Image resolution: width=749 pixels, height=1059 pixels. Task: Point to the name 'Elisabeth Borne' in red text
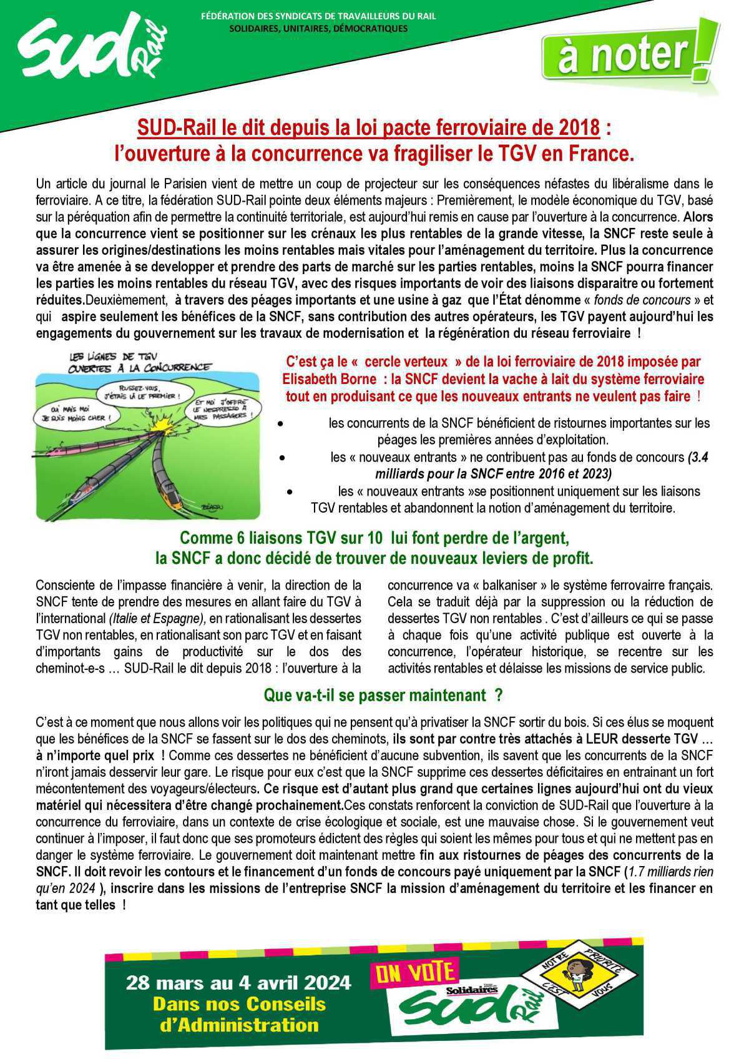point(329,379)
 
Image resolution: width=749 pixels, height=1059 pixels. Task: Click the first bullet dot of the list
point(281,423)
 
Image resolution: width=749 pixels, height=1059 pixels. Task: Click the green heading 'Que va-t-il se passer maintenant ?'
point(383,694)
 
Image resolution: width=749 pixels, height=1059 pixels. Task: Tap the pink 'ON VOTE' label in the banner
point(414,972)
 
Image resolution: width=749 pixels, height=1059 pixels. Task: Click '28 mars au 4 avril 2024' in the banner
point(238,982)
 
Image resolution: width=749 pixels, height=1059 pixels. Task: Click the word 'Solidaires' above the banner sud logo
point(471,990)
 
